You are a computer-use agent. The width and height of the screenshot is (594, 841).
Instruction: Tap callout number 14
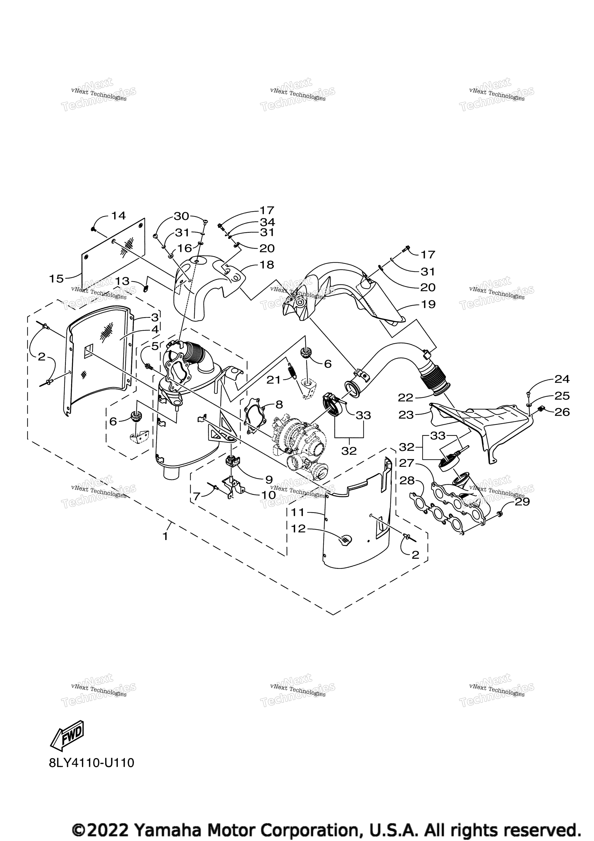pos(118,216)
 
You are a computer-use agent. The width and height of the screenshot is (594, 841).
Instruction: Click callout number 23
pos(406,415)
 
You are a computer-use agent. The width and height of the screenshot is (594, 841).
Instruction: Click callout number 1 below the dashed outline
pos(166,537)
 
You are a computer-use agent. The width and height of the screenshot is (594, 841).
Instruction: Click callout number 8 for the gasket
pos(279,404)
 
